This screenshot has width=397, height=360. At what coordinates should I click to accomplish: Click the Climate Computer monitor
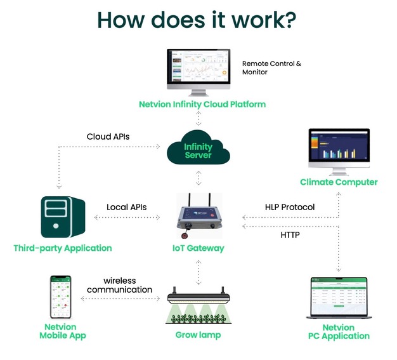click(338, 150)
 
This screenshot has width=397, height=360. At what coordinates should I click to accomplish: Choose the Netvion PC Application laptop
click(338, 297)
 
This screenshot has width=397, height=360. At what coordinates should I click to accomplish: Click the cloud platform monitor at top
click(198, 70)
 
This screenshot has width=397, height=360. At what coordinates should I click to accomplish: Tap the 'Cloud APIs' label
click(108, 137)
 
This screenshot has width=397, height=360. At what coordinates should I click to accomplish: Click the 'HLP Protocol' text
click(290, 207)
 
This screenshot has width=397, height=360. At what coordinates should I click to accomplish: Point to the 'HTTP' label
click(290, 235)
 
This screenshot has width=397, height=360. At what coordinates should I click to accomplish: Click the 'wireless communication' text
click(119, 285)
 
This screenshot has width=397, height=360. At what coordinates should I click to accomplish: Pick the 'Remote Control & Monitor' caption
click(271, 68)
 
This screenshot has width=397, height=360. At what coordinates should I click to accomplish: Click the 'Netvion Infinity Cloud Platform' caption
click(202, 103)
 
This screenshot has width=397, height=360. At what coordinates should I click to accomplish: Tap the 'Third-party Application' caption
click(62, 248)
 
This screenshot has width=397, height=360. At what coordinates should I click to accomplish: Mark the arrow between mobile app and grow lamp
click(119, 298)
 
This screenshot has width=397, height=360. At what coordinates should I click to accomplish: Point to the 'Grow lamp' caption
click(198, 335)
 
